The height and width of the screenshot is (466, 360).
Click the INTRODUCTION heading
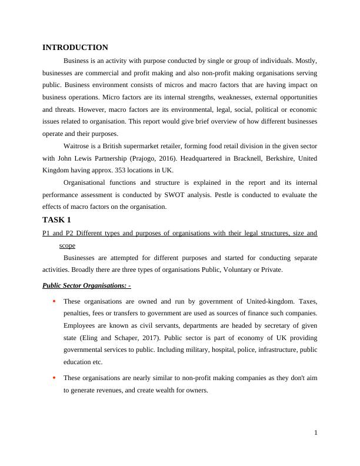click(x=75, y=48)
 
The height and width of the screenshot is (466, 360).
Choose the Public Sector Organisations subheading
click(x=86, y=286)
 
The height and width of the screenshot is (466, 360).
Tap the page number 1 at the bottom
click(x=316, y=434)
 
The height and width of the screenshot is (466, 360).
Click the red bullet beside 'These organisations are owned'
click(x=54, y=302)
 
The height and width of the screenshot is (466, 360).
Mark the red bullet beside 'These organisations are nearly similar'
click(x=54, y=378)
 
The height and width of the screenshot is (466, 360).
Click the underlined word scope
click(x=67, y=245)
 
